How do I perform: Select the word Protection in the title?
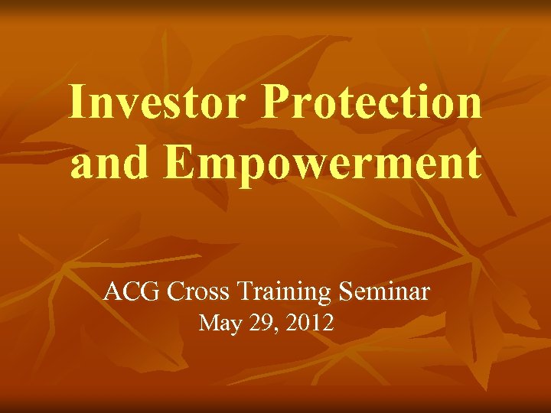(373, 102)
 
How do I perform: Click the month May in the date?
(222, 324)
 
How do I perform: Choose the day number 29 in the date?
(266, 324)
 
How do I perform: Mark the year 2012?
(311, 324)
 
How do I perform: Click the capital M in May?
(208, 324)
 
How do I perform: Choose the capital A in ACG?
(112, 291)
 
